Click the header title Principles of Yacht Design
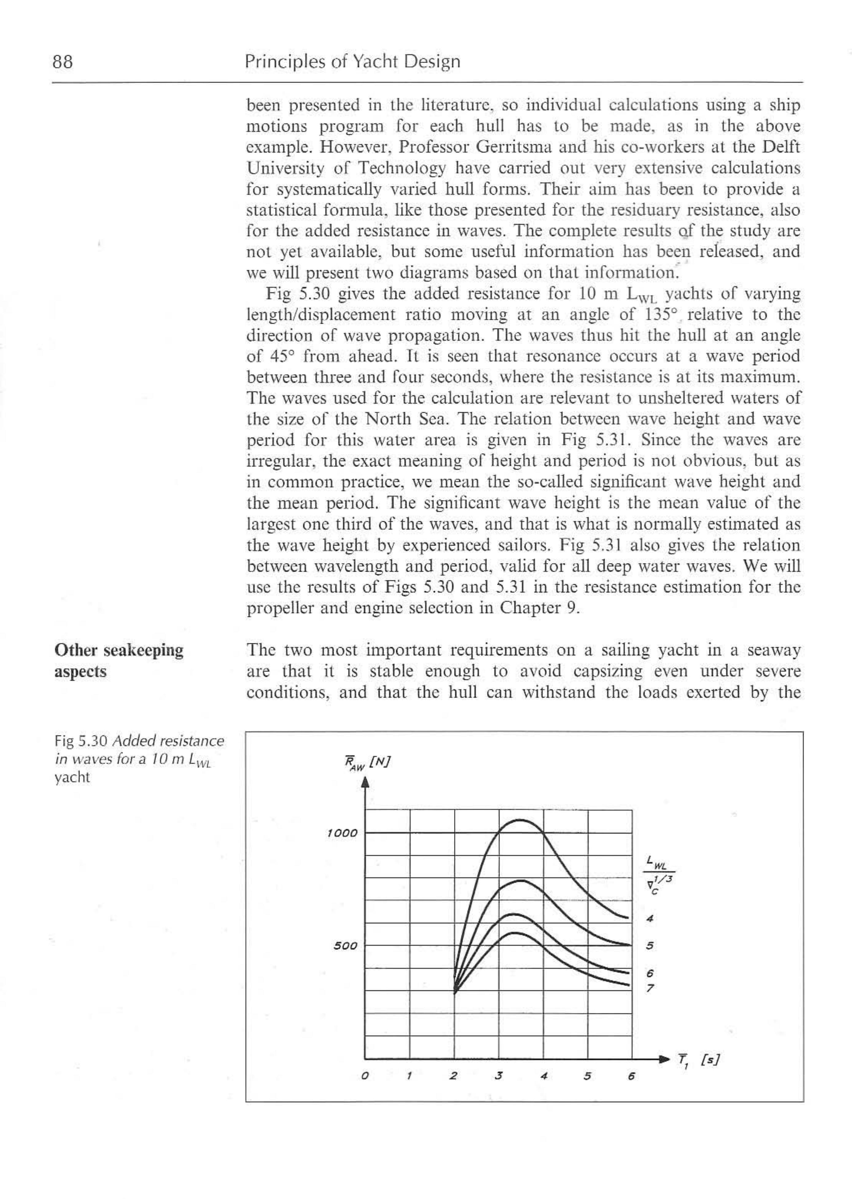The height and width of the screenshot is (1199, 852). point(352,62)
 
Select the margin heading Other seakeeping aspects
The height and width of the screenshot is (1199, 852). point(119,661)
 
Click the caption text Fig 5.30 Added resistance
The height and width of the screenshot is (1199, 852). point(139,741)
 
